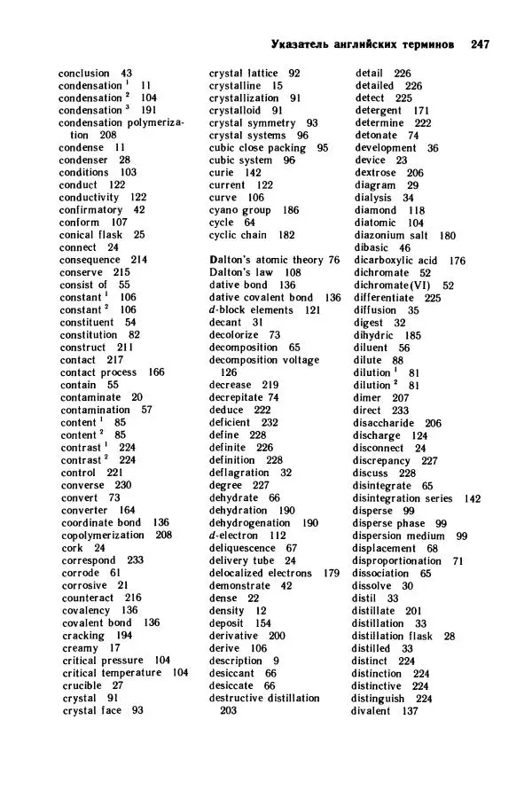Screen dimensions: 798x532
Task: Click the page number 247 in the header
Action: point(481,43)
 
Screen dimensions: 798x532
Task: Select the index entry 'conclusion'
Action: point(84,73)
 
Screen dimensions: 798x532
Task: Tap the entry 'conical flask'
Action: point(90,235)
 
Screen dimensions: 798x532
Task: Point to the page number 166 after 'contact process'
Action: point(156,372)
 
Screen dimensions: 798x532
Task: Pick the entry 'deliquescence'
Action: point(242,548)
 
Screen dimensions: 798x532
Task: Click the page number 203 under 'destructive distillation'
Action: point(229,710)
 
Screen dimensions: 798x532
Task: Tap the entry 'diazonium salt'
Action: point(391,236)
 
